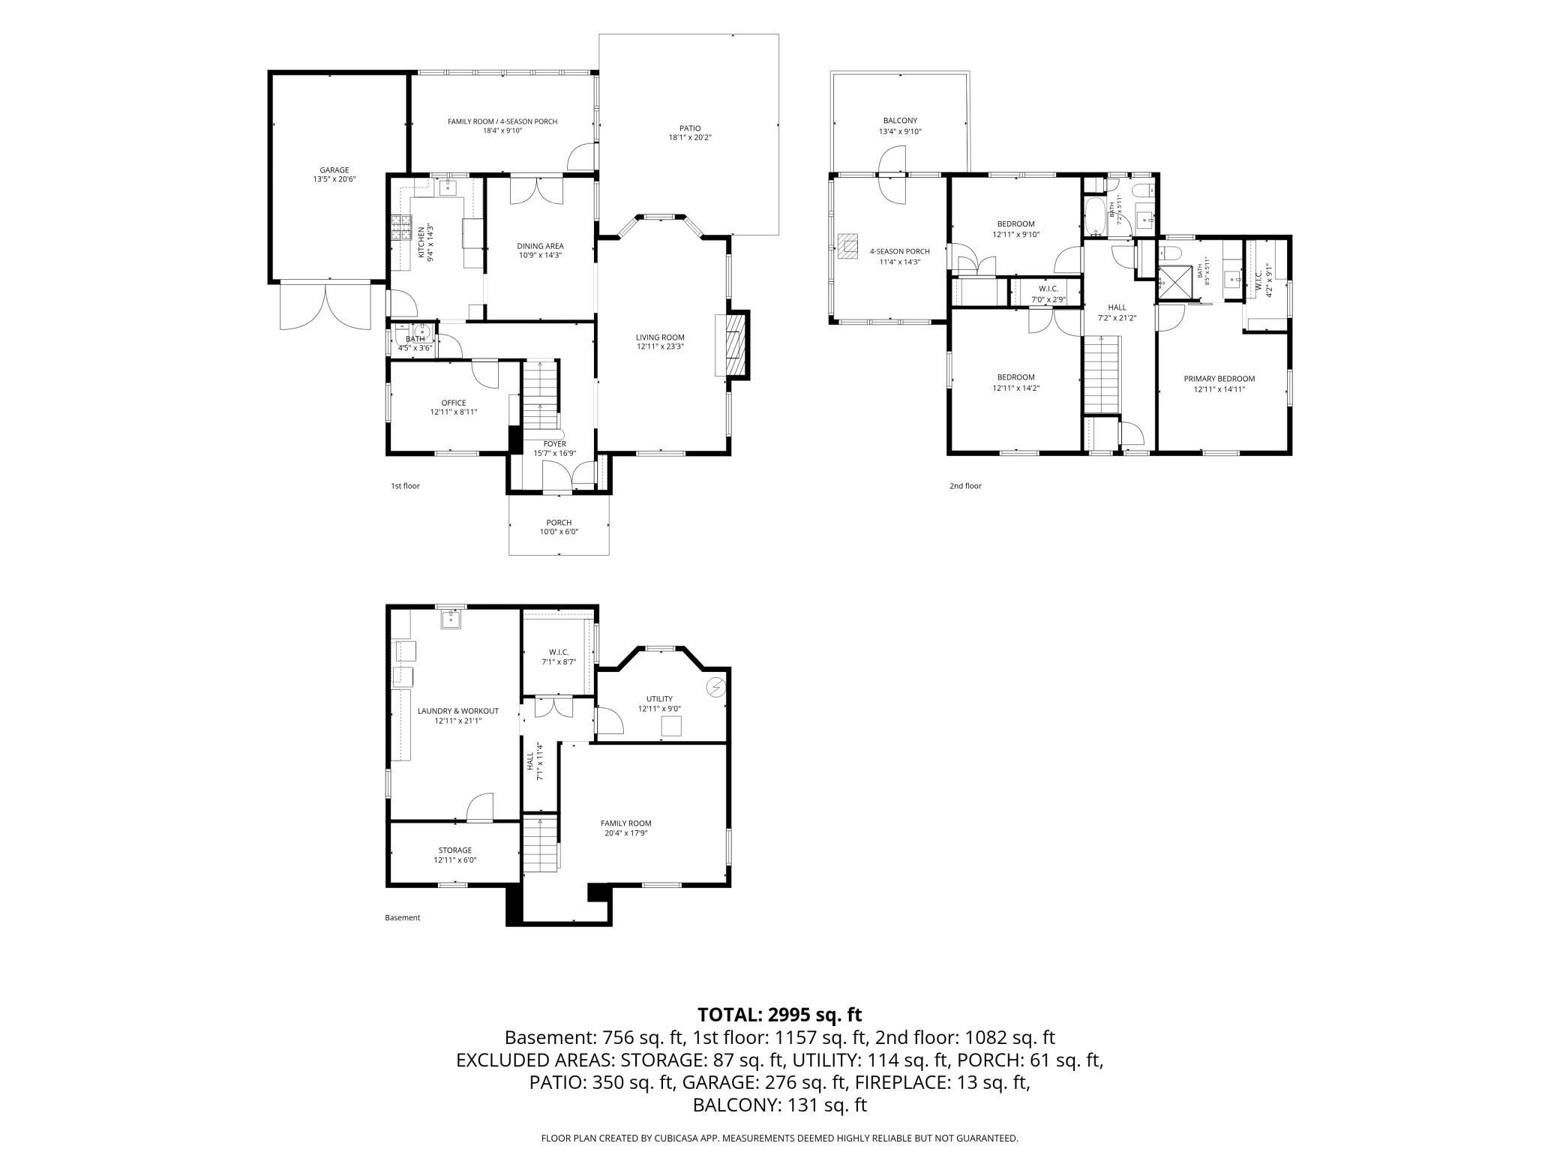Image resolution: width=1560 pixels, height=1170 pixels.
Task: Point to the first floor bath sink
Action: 421,333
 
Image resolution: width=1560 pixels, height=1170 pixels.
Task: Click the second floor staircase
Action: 1102,374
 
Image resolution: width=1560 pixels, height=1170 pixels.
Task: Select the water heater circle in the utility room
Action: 716,685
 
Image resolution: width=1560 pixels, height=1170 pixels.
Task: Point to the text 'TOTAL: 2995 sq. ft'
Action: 780,1015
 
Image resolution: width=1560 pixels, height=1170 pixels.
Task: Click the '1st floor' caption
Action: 405,486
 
